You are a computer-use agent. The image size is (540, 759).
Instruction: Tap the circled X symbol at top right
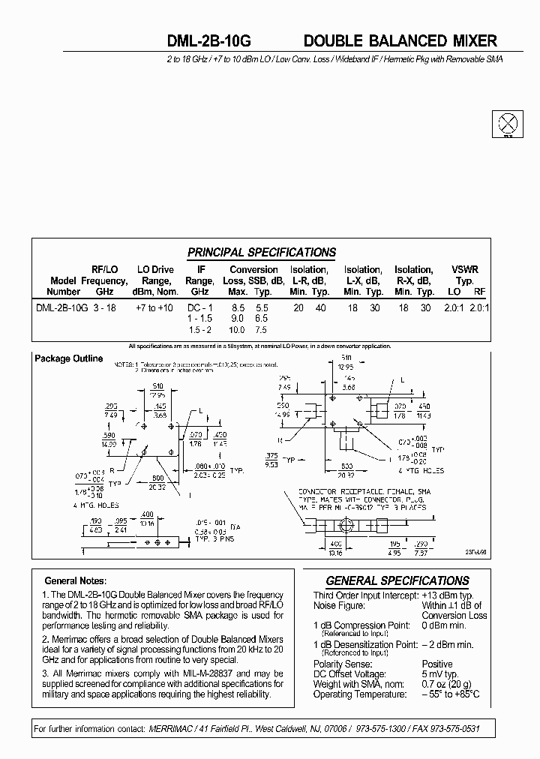point(508,123)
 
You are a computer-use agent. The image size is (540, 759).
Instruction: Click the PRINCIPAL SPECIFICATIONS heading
point(261,253)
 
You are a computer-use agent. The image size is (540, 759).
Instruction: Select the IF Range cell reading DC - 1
point(199,307)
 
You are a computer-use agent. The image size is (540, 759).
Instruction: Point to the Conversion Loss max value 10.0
point(235,330)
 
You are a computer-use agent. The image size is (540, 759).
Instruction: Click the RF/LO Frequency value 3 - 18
point(104,307)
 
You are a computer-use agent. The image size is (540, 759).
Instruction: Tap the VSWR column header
point(465,270)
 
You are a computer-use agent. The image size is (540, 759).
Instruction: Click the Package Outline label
point(69,358)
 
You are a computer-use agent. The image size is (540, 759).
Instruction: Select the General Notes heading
point(76,580)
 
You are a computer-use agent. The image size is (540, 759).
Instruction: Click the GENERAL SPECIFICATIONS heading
point(397,580)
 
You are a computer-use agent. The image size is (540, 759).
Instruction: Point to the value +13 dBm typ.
point(450,595)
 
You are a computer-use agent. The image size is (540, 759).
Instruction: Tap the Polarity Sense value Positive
point(437,664)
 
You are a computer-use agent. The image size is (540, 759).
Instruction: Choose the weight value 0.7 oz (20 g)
point(448,684)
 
